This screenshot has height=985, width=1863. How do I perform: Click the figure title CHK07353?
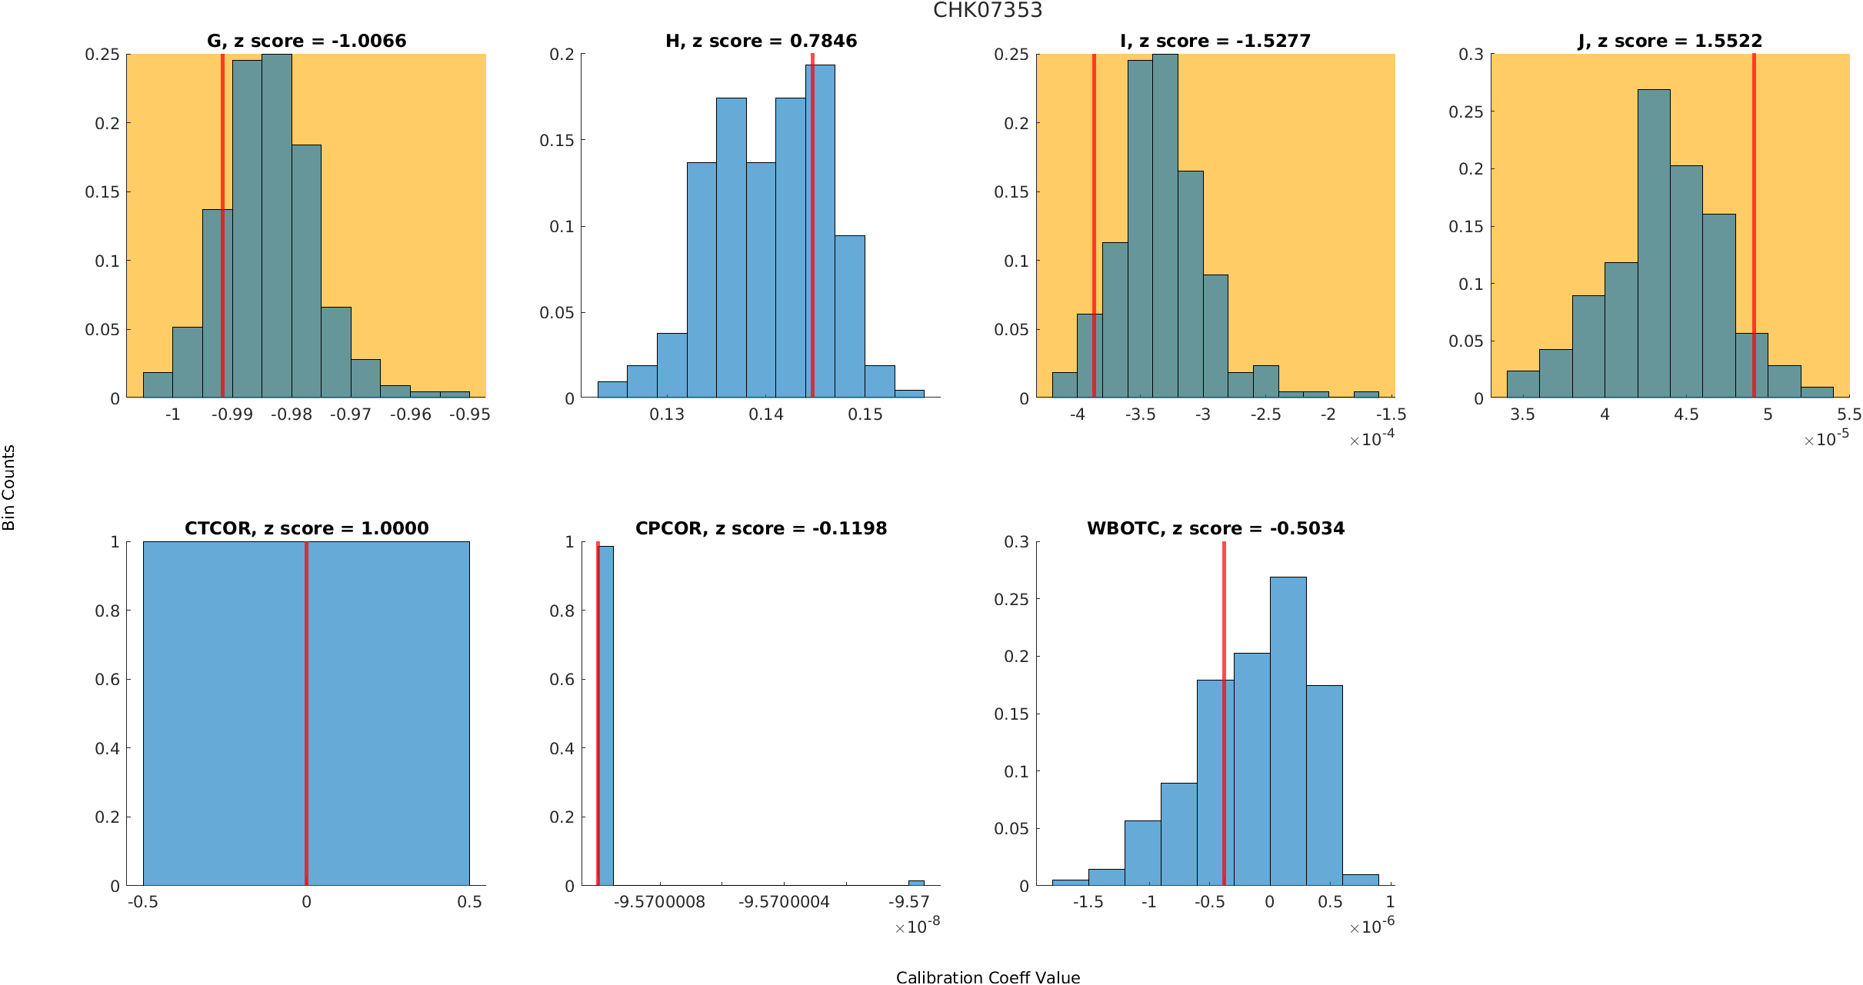click(988, 10)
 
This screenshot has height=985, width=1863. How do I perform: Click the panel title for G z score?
click(306, 41)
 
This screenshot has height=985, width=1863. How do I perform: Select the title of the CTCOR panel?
click(306, 528)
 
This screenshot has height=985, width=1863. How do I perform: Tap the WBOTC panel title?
click(1215, 528)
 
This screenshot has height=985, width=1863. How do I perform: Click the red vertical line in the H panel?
click(812, 231)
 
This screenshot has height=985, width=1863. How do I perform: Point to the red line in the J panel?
click(1754, 231)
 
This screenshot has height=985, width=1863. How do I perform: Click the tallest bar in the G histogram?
click(277, 231)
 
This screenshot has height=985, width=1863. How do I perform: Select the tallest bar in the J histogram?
click(1654, 246)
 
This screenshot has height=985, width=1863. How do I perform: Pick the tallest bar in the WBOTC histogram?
click(1288, 730)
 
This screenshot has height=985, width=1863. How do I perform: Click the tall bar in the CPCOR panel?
click(606, 715)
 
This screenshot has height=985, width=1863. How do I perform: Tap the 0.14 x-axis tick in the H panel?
click(766, 414)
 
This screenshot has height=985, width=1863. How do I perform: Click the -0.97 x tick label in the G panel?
click(351, 414)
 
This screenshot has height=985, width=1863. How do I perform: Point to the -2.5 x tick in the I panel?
click(1265, 414)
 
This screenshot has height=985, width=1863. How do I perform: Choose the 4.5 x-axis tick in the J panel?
click(1686, 414)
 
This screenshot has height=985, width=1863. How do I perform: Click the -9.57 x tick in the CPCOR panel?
click(908, 902)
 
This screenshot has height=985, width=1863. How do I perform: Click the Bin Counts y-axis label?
click(9, 488)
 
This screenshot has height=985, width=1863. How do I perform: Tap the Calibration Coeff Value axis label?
click(988, 977)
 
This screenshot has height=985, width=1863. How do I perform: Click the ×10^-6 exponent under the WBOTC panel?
click(1371, 927)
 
